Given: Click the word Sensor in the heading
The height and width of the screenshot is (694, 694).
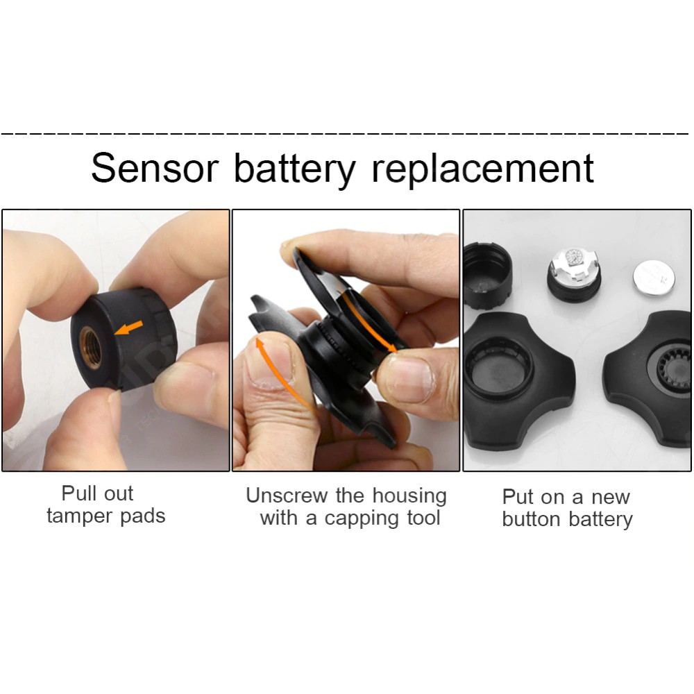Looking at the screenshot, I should [x=155, y=169].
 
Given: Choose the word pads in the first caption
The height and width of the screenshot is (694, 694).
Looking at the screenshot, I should [x=145, y=517].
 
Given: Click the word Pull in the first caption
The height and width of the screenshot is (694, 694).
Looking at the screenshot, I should [x=78, y=493].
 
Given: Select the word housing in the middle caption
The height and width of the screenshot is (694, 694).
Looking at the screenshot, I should [x=409, y=496].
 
